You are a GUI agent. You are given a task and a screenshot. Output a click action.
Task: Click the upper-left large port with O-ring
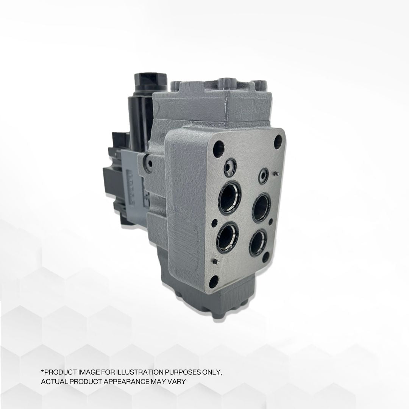(x=229, y=197)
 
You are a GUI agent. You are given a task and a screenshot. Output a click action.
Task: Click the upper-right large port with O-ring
(x=261, y=207)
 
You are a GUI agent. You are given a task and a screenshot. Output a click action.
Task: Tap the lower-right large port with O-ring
(x=258, y=243)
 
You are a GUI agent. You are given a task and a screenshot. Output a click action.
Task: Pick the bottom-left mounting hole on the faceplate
(x=214, y=281)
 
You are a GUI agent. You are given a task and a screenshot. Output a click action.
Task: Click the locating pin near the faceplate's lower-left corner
(x=215, y=261)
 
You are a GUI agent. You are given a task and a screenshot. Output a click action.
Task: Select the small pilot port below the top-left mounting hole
(x=230, y=167)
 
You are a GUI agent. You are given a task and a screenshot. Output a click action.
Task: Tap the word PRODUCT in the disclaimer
(x=61, y=373)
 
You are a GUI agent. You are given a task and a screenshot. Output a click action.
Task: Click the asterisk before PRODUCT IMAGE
(x=42, y=372)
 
